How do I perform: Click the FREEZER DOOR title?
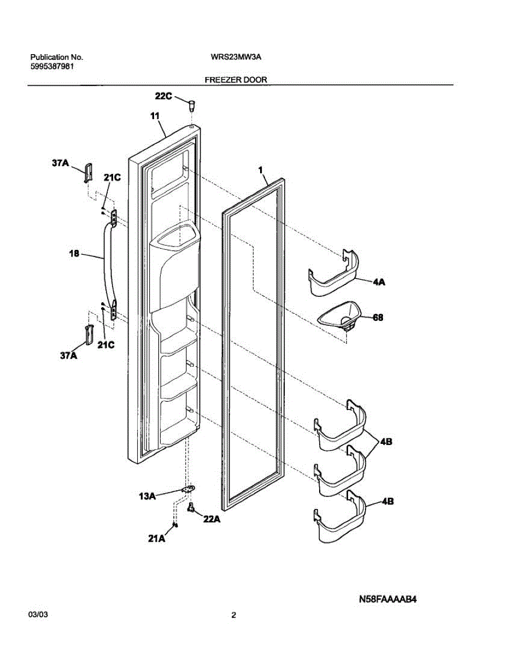[x=236, y=80]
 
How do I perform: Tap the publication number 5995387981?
[x=52, y=66]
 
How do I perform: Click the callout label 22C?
[x=163, y=97]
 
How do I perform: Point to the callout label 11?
[x=154, y=116]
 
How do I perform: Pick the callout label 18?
[x=74, y=254]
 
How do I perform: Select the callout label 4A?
[x=379, y=282]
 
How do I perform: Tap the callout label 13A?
[x=148, y=496]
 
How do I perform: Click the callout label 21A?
[x=156, y=539]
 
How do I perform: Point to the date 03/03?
[x=38, y=616]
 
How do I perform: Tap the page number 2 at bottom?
[x=234, y=616]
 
